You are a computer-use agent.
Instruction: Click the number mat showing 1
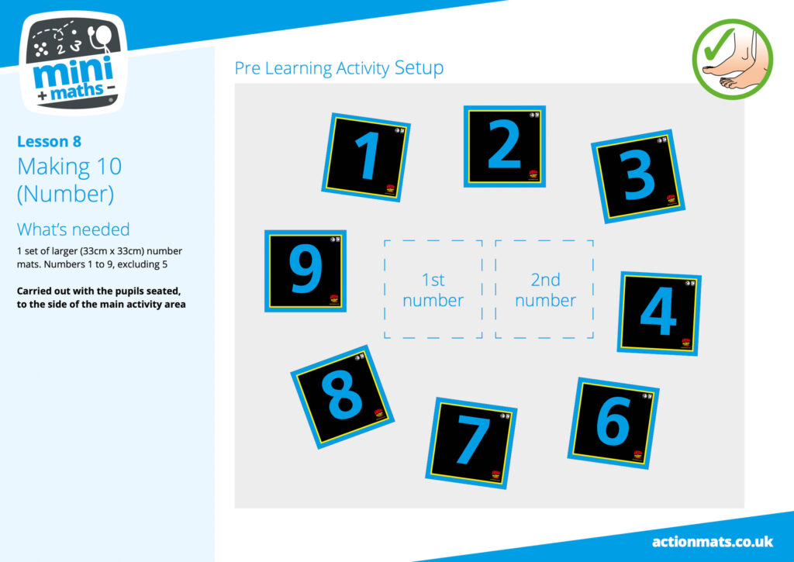366,157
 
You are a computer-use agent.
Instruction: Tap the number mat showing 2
504,147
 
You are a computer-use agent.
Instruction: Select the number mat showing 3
638,176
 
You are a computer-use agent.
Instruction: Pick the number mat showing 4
659,313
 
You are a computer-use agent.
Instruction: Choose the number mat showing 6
613,422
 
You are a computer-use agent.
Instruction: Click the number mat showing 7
471,443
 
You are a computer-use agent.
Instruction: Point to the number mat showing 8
342,397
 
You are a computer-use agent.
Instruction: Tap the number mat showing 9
306,271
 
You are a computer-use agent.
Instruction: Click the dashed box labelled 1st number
433,289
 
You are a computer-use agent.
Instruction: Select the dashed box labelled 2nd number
544,289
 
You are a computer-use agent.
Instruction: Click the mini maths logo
74,63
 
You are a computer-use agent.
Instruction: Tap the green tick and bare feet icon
732,59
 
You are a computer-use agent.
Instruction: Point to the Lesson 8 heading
49,141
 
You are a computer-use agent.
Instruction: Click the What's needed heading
74,229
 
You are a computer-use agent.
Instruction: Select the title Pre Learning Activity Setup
339,68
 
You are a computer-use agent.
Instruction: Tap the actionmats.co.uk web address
713,542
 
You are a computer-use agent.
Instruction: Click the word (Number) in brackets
65,194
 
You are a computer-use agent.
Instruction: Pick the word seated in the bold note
163,291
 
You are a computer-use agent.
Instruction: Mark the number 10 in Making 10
107,166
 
